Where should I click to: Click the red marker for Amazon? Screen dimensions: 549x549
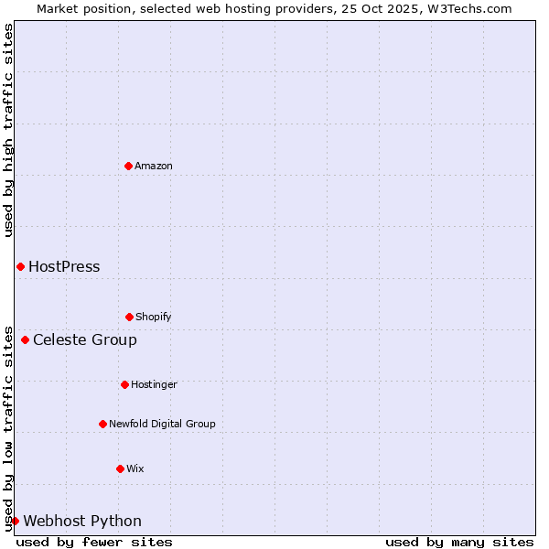128,166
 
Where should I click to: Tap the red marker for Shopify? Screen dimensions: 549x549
129,317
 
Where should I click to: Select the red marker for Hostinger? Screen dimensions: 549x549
124,384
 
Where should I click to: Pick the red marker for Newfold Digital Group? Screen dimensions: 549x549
102,424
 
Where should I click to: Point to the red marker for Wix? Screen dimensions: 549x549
120,468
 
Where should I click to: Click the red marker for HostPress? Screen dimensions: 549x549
20,266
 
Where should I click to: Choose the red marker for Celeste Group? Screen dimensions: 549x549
25,339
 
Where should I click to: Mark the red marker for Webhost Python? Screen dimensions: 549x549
15,521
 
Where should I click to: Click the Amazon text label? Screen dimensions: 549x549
154,166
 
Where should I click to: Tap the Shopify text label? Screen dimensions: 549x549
154,317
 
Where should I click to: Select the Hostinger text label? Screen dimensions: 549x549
154,384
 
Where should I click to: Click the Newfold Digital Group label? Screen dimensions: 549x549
162,424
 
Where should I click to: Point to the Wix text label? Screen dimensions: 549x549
135,468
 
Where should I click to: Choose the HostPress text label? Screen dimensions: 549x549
64,267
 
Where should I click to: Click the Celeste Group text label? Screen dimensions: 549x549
85,340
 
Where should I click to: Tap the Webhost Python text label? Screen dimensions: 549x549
82,522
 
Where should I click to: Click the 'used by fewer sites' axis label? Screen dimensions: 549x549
94,542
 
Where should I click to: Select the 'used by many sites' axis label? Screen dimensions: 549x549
459,542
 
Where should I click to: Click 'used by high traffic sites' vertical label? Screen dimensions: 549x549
8,130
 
